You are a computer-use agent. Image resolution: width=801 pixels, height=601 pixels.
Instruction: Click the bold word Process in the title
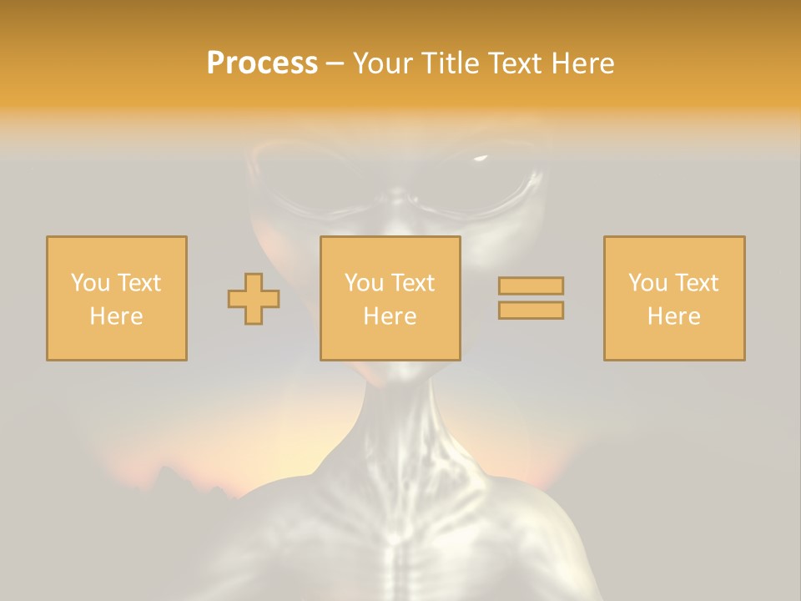coord(262,63)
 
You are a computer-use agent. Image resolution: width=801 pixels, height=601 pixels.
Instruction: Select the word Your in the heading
coord(380,63)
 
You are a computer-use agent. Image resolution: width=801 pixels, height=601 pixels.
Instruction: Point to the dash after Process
coord(335,63)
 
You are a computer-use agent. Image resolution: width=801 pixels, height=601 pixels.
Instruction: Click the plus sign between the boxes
coord(254,299)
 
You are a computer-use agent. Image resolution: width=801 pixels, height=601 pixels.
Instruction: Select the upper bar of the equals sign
coord(531,285)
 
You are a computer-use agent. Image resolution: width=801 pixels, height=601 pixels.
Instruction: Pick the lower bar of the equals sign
coord(531,311)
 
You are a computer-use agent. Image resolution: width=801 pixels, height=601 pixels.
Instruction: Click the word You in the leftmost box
coord(90,283)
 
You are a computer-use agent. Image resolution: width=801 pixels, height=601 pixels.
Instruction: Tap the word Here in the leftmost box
coord(116,316)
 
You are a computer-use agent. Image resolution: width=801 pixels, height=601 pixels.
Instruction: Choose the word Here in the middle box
coord(390,316)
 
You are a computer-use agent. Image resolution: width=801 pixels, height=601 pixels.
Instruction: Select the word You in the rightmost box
coord(647,283)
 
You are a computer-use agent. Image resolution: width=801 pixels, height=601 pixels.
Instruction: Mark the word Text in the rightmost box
coord(696,283)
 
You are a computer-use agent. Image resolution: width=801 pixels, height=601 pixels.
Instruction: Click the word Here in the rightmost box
coord(673,316)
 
